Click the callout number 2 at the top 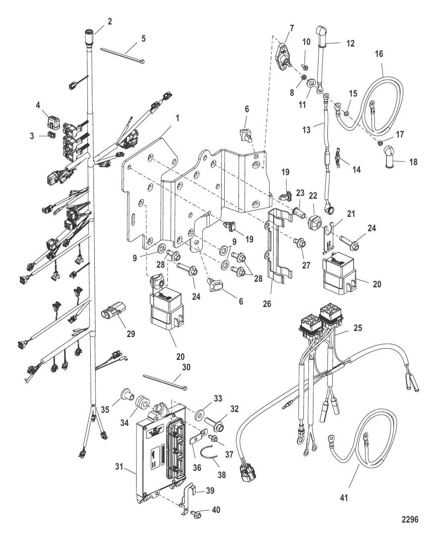(x=110, y=21)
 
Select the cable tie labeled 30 (x=165, y=382)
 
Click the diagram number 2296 (x=410, y=519)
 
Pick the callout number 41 (x=344, y=498)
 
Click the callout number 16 (x=379, y=53)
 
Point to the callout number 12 (x=351, y=43)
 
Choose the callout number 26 (x=267, y=304)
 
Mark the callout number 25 (x=358, y=328)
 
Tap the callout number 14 (x=356, y=170)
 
